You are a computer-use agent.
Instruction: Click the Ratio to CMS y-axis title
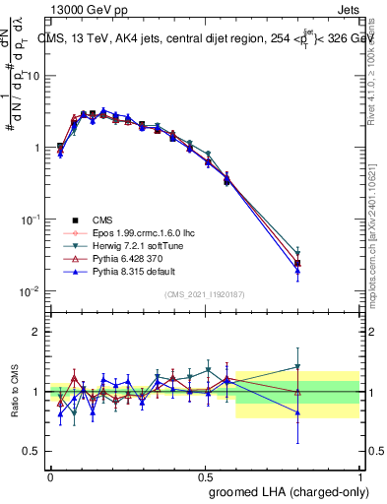(x=16, y=392)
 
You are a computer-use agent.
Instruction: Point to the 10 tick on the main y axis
(x=32, y=76)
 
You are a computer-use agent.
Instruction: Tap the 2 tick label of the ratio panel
(x=36, y=332)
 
